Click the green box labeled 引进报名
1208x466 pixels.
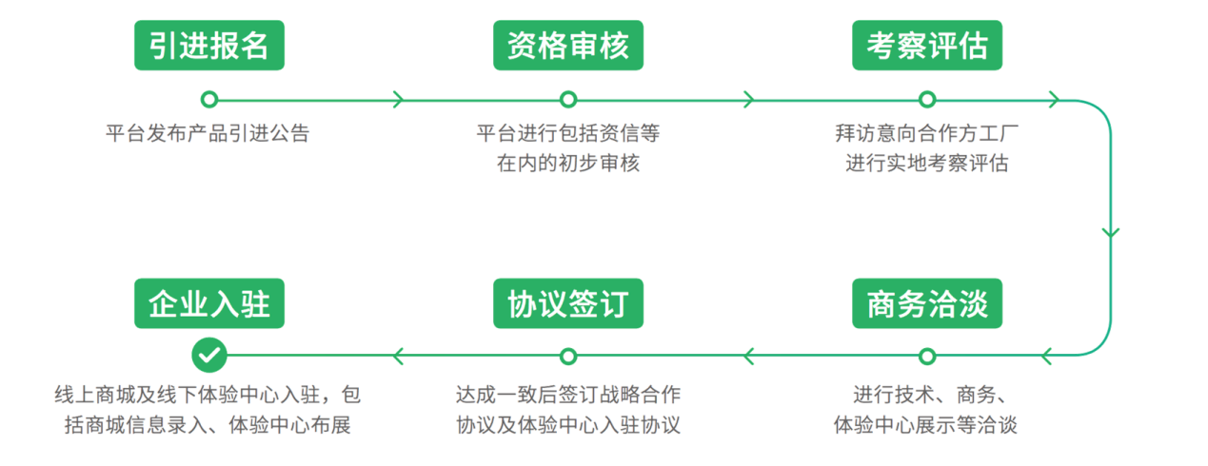point(209,45)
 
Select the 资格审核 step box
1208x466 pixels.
point(568,45)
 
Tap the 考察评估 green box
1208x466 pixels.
point(927,45)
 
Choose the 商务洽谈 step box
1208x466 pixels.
point(927,303)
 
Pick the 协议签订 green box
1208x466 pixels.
point(568,303)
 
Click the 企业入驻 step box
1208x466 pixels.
point(209,303)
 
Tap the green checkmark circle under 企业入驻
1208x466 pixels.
point(209,356)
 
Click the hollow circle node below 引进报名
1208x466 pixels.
point(209,99)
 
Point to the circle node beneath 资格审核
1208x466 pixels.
point(568,99)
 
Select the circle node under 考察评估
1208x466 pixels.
point(927,99)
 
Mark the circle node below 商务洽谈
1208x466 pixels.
point(927,356)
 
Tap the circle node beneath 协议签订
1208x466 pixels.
point(568,356)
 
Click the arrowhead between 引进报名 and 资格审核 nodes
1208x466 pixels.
point(398,99)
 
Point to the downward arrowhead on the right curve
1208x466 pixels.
point(1110,231)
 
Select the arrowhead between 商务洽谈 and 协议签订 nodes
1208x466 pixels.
point(749,356)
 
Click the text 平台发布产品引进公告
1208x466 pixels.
point(208,133)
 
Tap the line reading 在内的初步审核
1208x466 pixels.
point(567,163)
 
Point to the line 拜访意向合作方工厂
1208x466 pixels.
point(927,133)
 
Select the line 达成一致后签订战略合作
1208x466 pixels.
point(568,394)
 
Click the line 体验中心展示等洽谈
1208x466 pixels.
point(925,424)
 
